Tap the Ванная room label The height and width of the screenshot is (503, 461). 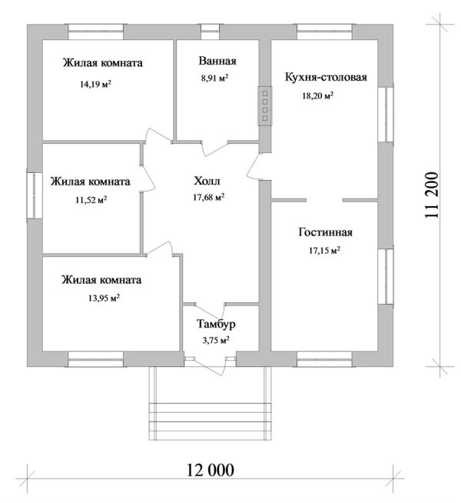(217, 62)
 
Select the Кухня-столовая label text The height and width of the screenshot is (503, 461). (326, 78)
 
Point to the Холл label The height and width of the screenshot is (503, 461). (207, 182)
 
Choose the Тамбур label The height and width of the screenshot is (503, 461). (210, 324)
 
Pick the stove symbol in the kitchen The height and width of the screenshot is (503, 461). (264, 105)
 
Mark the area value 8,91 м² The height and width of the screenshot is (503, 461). (215, 78)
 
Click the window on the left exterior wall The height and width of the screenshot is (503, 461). (33, 196)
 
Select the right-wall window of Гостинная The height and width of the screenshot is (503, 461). (386, 276)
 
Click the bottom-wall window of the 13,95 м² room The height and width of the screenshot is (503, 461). (96, 357)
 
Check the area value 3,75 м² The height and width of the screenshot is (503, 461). (214, 340)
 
